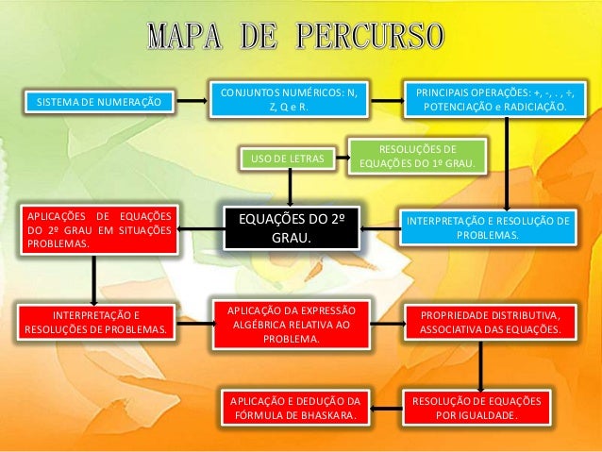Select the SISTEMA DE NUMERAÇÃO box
click(98, 101)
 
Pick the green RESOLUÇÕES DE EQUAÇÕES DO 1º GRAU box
click(417, 157)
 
